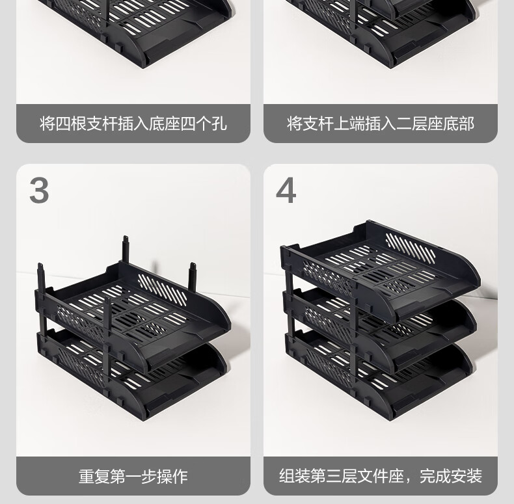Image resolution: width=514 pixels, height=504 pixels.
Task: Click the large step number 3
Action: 39,191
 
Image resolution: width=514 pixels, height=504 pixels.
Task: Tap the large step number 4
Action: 286,191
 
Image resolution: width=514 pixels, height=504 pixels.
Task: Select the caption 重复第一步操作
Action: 133,477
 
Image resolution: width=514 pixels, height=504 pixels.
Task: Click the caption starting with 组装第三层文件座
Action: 381,476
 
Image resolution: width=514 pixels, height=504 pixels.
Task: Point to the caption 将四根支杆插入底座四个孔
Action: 133,124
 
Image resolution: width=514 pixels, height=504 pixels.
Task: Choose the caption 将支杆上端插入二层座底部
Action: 381,124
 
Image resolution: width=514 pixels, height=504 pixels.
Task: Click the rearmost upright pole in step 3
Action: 126,249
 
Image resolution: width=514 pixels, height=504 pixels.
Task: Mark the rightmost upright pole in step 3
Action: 192,277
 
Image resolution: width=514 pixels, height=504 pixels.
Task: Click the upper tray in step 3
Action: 133,315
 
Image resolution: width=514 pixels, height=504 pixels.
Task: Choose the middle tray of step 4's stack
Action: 380,328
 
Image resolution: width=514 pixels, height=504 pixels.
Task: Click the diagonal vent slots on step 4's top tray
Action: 411,248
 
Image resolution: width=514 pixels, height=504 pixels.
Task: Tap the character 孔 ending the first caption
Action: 219,124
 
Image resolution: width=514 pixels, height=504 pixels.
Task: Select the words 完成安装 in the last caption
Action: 451,476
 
